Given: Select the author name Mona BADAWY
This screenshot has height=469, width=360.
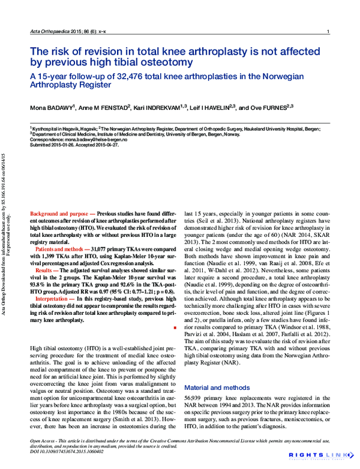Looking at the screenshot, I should point(52,108).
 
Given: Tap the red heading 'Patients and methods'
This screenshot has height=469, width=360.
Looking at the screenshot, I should point(62,248).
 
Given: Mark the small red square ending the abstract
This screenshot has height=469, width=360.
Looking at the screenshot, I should point(173,328).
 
